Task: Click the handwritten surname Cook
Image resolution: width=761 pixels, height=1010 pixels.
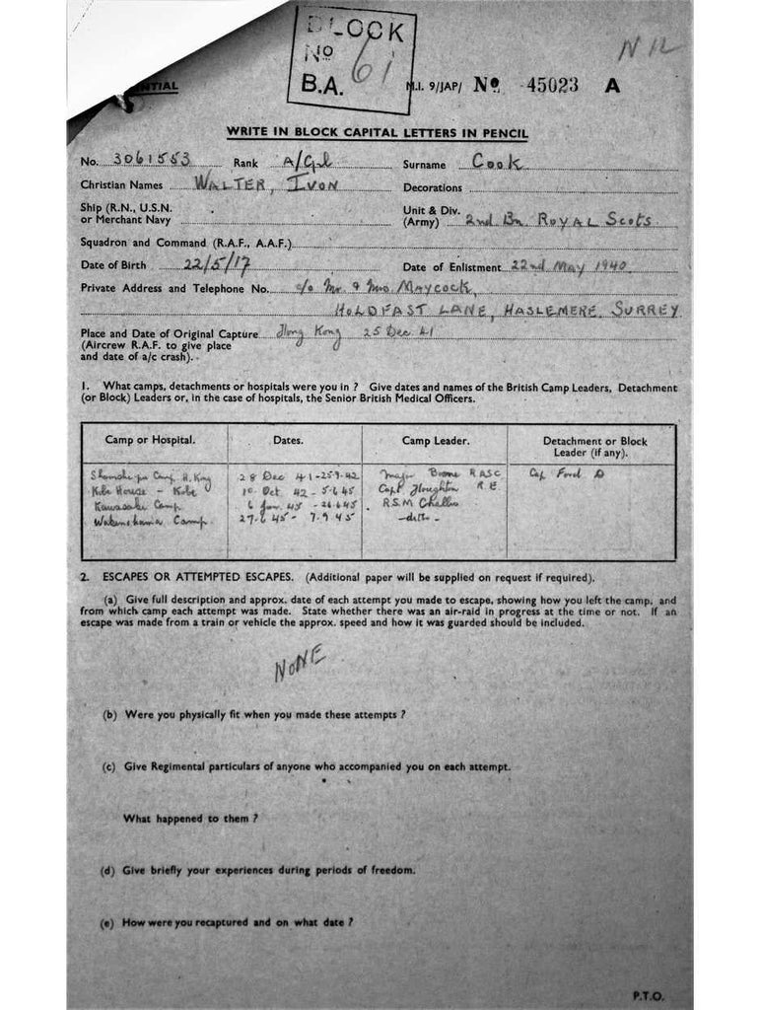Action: coord(499,162)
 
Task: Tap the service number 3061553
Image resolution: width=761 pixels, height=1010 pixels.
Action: coord(153,161)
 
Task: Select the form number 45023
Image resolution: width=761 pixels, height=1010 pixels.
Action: coord(552,86)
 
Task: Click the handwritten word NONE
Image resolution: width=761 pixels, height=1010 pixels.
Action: coord(300,666)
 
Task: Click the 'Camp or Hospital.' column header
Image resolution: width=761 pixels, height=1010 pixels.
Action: coord(151,439)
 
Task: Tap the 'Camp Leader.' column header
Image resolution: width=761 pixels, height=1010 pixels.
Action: coord(435,440)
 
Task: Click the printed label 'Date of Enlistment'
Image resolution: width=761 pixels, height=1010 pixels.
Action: coord(452,267)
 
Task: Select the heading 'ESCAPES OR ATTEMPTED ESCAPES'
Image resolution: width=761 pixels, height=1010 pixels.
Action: coord(200,577)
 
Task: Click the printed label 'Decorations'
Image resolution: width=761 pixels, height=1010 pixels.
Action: coord(433,187)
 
